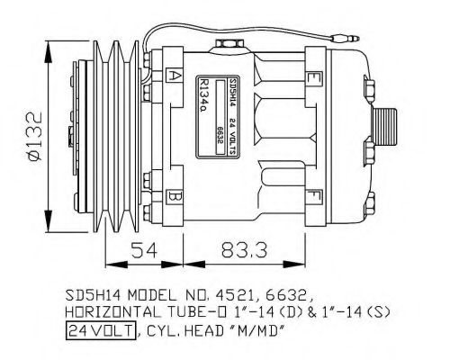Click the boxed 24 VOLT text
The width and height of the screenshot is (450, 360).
pyautogui.click(x=99, y=330)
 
